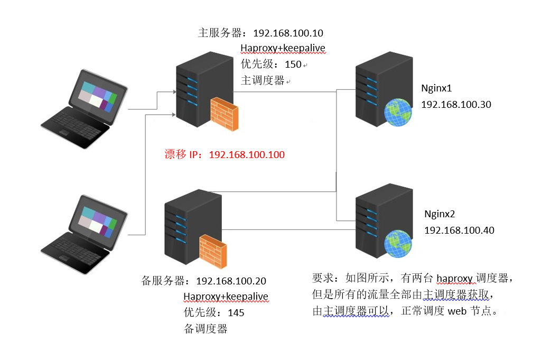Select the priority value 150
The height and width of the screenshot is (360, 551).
tap(293, 64)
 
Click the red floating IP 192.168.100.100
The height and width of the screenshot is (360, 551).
tap(247, 155)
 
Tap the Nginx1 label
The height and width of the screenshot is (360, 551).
tap(436, 88)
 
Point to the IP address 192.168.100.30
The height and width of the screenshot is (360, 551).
tap(456, 105)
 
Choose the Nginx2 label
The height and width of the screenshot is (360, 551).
tap(440, 214)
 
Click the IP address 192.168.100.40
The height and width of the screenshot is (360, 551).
tap(459, 230)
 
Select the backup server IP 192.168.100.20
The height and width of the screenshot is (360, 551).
tap(231, 281)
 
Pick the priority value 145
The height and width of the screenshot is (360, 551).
tap(236, 313)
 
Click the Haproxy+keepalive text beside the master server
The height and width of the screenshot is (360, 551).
tap(283, 49)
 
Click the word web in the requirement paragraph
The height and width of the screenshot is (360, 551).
tap(457, 311)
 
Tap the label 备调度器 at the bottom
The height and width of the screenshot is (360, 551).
tap(206, 329)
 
